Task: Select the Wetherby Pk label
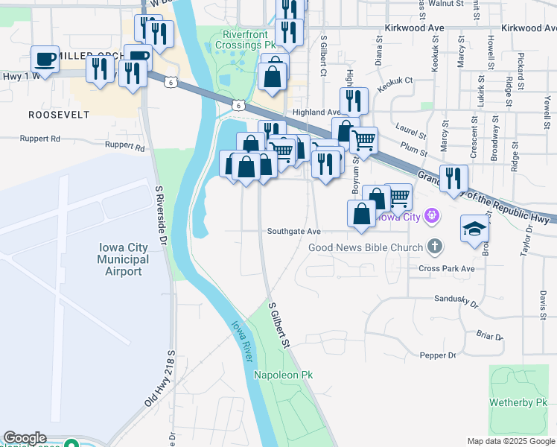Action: pyautogui.click(x=518, y=403)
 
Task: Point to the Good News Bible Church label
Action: pyautogui.click(x=365, y=247)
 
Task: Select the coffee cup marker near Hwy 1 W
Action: pyautogui.click(x=45, y=59)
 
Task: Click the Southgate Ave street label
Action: pyautogui.click(x=293, y=232)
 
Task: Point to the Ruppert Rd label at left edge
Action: pyautogui.click(x=40, y=139)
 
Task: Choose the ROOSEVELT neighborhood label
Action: pyautogui.click(x=59, y=115)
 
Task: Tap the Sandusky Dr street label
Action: pyautogui.click(x=456, y=300)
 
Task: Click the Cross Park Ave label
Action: pyautogui.click(x=447, y=268)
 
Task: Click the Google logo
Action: pyautogui.click(x=25, y=438)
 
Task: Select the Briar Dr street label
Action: pyautogui.click(x=489, y=336)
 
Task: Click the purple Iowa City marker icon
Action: pyautogui.click(x=430, y=217)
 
